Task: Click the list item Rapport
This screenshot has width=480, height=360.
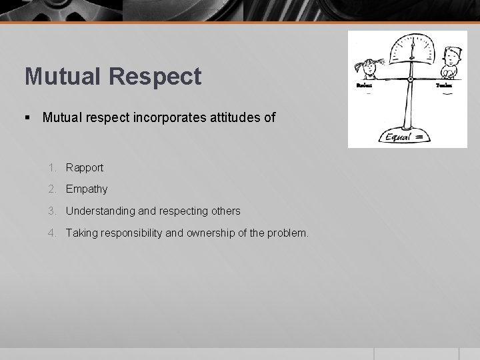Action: pos(84,167)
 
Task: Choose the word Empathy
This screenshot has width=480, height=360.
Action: pos(86,189)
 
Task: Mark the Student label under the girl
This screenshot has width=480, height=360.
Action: pos(365,85)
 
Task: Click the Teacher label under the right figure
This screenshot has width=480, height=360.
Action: pos(443,85)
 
